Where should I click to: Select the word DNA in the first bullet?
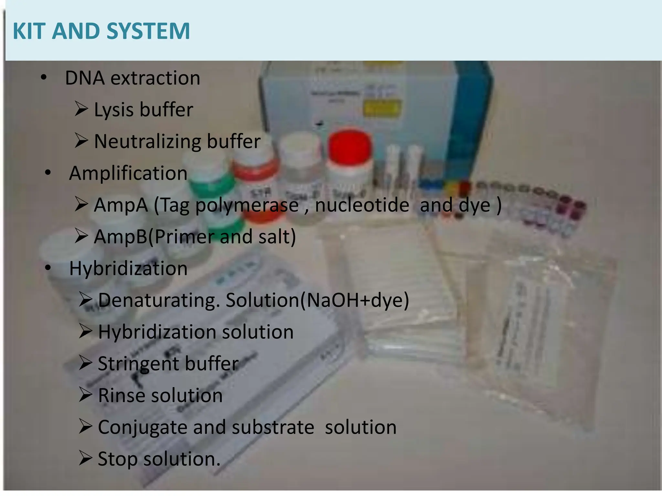[85, 78]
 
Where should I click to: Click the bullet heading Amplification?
[128, 173]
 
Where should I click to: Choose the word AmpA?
[121, 205]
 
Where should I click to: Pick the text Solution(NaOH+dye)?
[317, 300]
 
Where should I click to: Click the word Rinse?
[122, 396]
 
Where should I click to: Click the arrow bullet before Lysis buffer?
[81, 109]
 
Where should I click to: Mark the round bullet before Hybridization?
[48, 268]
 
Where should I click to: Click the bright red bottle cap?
[349, 147]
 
